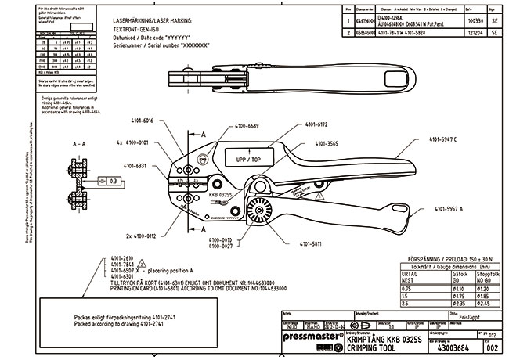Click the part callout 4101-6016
(x=138, y=121)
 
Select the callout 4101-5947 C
(x=465, y=139)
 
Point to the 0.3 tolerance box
(x=113, y=180)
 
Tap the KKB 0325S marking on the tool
(x=219, y=192)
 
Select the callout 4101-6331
(x=135, y=166)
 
